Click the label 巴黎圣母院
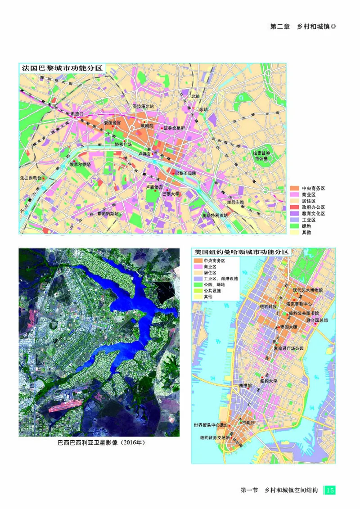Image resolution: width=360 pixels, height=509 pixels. pyautogui.click(x=185, y=173)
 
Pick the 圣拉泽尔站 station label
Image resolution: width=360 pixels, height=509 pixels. pyautogui.click(x=143, y=106)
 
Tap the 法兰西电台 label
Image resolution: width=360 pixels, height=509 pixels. pyautogui.click(x=30, y=178)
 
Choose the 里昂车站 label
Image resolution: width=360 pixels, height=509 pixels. pyautogui.click(x=235, y=202)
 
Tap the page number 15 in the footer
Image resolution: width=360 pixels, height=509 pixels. pyautogui.click(x=330, y=490)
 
